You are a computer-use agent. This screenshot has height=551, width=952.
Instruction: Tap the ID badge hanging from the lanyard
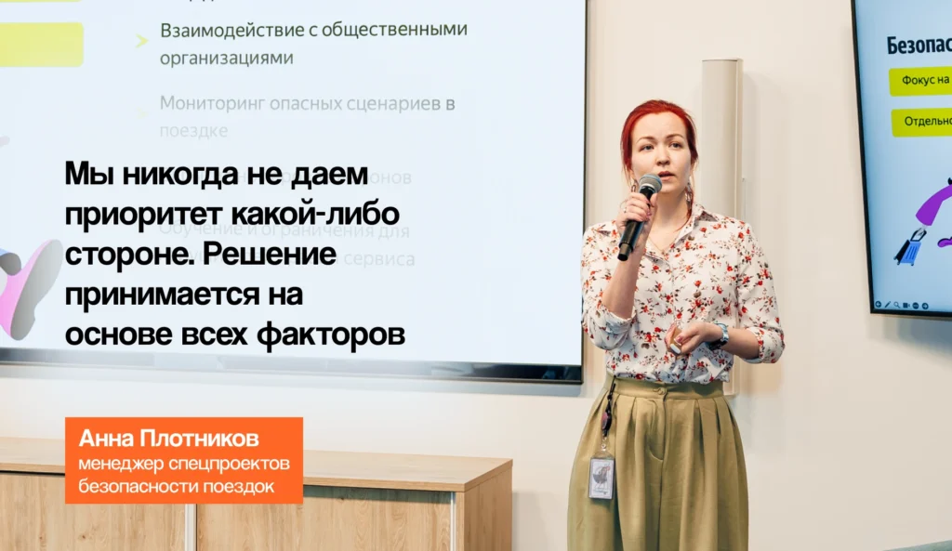[x=602, y=477]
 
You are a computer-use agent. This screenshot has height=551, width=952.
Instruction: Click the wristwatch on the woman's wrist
[x=721, y=335]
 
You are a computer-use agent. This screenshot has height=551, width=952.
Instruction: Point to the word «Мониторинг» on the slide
[x=211, y=103]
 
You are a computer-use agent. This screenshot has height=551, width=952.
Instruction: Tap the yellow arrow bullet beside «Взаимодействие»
[x=141, y=40]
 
